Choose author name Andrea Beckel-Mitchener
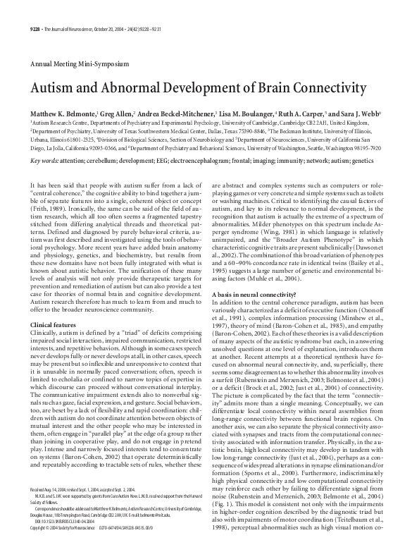160,113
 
